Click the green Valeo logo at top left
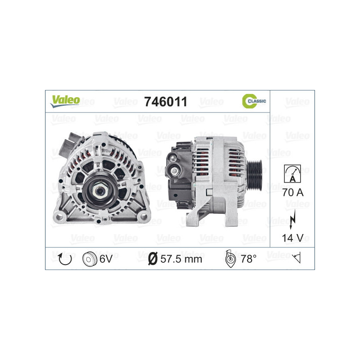point(65,100)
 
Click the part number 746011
point(165,102)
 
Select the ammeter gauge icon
point(292,173)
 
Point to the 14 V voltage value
point(292,237)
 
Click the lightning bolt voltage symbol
point(292,215)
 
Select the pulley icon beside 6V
point(90,259)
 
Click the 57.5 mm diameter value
point(181,259)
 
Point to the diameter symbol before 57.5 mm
point(153,259)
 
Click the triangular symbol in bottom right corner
point(296,258)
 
